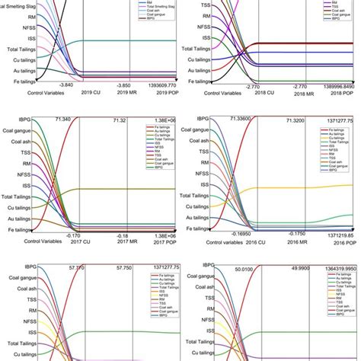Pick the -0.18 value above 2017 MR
click(x=122, y=236)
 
